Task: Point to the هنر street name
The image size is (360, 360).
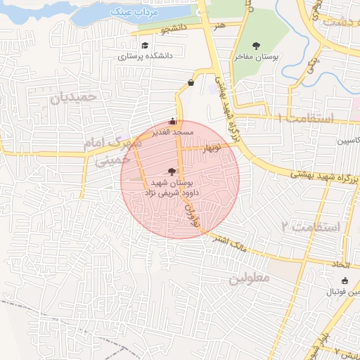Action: tap(221, 25)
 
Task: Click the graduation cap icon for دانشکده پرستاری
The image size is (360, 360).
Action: tap(145, 46)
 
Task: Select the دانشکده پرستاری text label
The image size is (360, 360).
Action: tap(145, 56)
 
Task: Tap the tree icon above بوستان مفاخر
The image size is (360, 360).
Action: tap(255, 46)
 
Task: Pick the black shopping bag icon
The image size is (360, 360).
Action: tap(191, 83)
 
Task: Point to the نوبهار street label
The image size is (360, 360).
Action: tap(212, 148)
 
